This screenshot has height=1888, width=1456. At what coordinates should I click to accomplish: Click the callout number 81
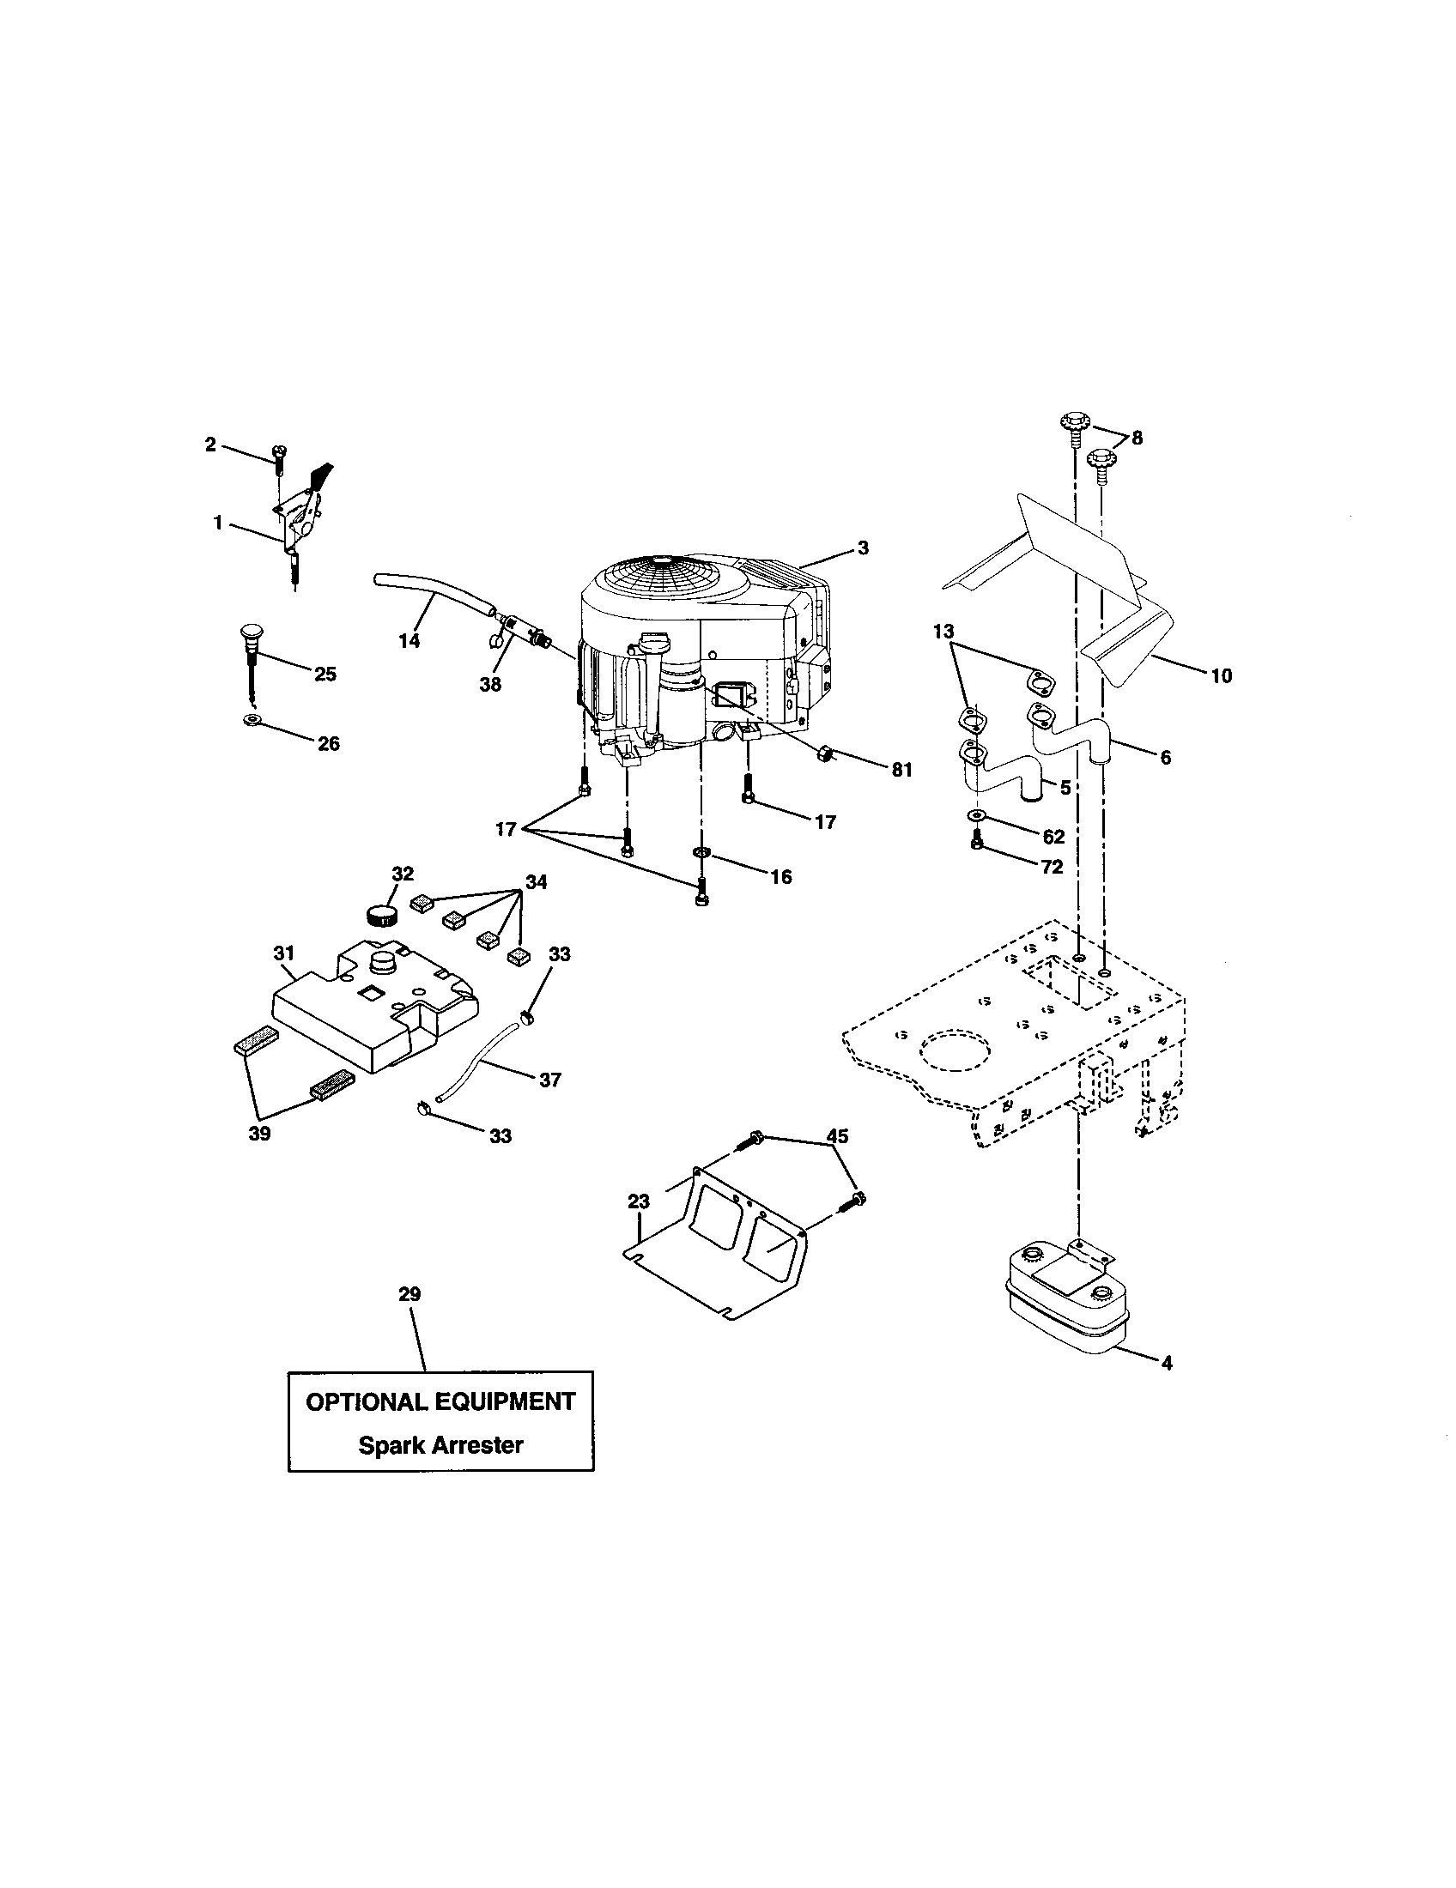pos(901,771)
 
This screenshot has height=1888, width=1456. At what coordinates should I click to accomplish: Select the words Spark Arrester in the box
pos(440,1445)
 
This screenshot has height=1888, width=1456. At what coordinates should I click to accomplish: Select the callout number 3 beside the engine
pos(862,548)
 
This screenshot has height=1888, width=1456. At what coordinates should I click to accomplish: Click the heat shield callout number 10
pos(1221,675)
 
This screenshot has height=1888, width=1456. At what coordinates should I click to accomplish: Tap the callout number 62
pos(1053,836)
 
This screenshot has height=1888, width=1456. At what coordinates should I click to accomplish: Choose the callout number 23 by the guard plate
pos(638,1201)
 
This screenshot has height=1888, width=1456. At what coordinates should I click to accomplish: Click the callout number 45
pos(836,1135)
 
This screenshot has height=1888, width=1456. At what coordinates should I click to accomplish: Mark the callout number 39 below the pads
pos(259,1135)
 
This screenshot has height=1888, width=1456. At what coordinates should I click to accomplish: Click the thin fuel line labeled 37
pos(481,1058)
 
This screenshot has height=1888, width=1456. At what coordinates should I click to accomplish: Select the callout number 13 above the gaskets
pos(943,632)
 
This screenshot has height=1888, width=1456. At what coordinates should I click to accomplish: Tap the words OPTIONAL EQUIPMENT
pos(440,1401)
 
